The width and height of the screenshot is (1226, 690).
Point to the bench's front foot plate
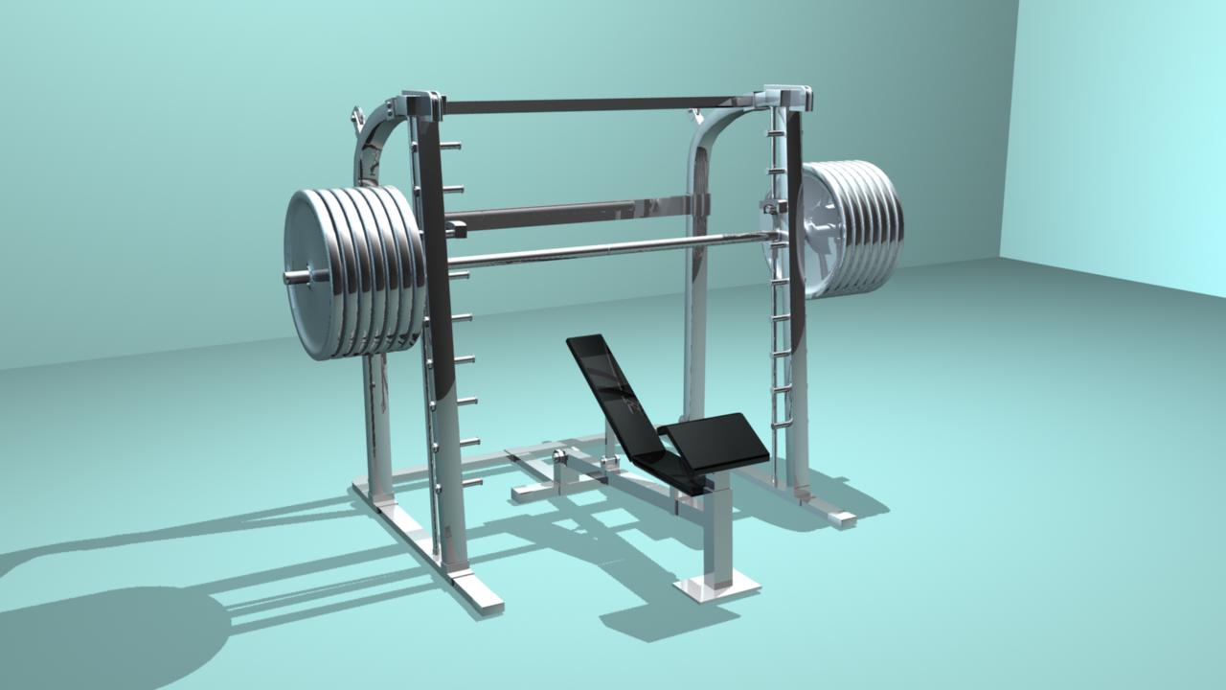716,585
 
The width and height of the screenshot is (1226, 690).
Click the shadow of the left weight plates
115,632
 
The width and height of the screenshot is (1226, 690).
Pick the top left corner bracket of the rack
421,103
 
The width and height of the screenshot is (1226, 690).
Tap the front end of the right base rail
841,518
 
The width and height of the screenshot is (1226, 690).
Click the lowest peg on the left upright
471,482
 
